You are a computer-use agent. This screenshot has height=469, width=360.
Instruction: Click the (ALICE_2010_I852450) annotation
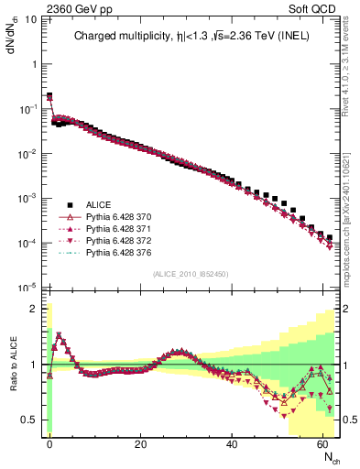click(x=191, y=274)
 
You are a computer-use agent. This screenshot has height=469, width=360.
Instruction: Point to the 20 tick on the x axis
click(x=140, y=443)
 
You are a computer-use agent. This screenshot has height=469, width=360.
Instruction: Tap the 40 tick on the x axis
click(x=233, y=443)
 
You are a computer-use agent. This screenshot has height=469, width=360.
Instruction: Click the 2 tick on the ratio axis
click(x=34, y=309)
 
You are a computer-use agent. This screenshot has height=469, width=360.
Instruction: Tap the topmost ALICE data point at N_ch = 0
click(x=49, y=95)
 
